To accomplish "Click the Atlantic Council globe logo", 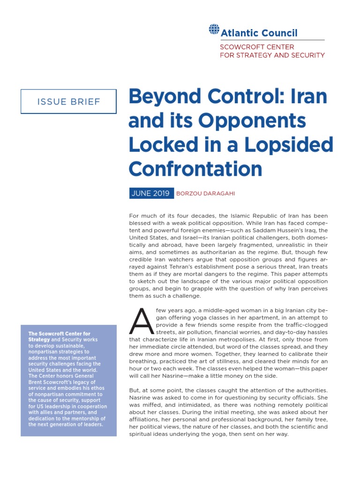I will [x=214, y=29].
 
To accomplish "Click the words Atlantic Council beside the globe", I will [x=259, y=33].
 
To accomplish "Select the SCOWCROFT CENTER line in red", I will [x=257, y=47].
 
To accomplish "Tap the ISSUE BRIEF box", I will [x=68, y=101].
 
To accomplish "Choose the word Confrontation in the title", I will [x=195, y=168].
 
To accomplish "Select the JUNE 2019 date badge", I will [x=150, y=194].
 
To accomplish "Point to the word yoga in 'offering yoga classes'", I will [x=174, y=317].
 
